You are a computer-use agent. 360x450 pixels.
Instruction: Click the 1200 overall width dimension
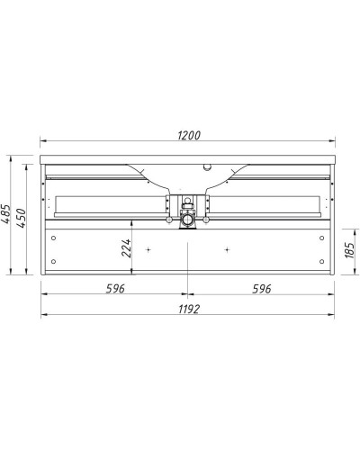point(187,135)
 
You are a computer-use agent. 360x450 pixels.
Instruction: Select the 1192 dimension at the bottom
point(187,308)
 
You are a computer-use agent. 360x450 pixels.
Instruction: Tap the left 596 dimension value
point(113,288)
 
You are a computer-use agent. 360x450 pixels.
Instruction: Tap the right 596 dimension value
point(261,288)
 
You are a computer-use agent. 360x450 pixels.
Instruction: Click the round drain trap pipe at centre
point(187,219)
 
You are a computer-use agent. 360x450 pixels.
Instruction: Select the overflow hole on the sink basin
point(208,166)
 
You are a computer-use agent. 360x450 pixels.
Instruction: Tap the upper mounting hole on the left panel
point(54,238)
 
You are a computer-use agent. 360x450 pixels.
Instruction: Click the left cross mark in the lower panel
point(147,247)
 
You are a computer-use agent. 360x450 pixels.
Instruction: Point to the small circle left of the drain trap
point(168,220)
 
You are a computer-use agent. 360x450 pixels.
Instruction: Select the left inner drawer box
point(108,205)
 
